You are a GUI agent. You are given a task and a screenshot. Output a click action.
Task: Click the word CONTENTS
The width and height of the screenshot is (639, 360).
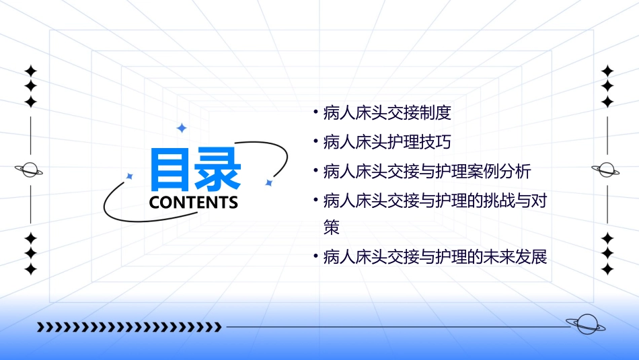pos(194,203)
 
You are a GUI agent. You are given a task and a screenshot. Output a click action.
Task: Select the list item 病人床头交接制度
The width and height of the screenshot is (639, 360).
pos(387,113)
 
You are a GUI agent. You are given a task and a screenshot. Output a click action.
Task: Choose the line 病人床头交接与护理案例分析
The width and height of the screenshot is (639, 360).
pos(427,171)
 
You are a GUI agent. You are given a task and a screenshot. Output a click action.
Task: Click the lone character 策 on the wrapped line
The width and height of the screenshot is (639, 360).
pos(332,228)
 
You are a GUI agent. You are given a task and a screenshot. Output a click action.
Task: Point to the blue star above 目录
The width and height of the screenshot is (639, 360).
pos(180,127)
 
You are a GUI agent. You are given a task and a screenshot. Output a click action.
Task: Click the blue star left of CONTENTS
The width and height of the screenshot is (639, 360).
pos(130,176)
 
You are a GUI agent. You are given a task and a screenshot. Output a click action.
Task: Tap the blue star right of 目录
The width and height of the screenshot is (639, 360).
pos(268,182)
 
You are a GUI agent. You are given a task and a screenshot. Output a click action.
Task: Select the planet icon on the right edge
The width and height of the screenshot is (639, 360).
pos(607,170)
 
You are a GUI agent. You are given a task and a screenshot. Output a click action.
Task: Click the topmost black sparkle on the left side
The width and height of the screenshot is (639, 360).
pos(30,71)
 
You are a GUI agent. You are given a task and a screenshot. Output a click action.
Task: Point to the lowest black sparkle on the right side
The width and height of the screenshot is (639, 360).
pos(607,269)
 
